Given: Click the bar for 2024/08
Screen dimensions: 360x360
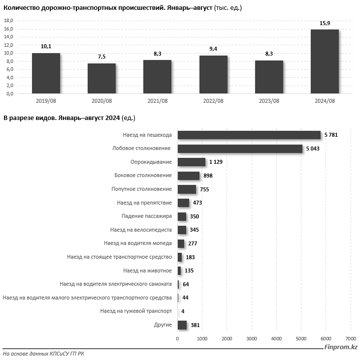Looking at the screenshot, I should pyautogui.click(x=325, y=61).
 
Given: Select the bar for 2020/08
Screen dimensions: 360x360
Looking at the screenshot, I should pyautogui.click(x=101, y=78).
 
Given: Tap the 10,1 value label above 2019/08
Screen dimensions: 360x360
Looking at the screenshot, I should pyautogui.click(x=46, y=46).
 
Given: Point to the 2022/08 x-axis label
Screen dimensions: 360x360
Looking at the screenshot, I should pyautogui.click(x=213, y=101).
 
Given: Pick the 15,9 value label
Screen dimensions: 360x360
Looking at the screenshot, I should pyautogui.click(x=325, y=23).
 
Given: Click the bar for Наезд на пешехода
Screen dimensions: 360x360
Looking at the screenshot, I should pyautogui.click(x=249, y=135).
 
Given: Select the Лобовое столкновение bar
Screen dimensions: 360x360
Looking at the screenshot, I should pyautogui.click(x=239, y=149).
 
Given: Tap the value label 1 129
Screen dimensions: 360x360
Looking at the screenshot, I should pyautogui.click(x=217, y=162).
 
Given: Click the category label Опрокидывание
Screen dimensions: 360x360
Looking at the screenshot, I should pyautogui.click(x=151, y=162).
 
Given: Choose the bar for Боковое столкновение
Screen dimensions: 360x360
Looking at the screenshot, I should pyautogui.click(x=188, y=176).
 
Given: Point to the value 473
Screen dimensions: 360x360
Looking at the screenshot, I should pyautogui.click(x=197, y=203).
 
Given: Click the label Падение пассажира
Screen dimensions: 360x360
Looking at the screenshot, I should pyautogui.click(x=146, y=216).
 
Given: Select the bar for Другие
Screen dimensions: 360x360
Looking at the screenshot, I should pyautogui.click(x=182, y=325).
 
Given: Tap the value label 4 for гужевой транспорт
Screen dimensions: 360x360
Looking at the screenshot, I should pyautogui.click(x=183, y=311).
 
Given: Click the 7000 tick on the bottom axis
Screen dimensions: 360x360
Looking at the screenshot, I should pyautogui.click(x=350, y=338).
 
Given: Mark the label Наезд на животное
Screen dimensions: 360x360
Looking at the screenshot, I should pyautogui.click(x=147, y=270).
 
